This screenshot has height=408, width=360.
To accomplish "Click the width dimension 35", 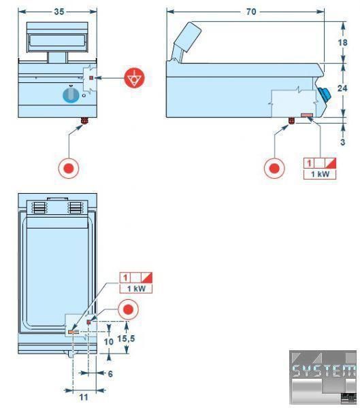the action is point(59,12).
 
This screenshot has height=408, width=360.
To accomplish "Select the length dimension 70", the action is point(251,12).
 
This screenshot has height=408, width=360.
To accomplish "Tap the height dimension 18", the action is point(342,42).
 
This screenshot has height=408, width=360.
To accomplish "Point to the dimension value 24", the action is point(342,88).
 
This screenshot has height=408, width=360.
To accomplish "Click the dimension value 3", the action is point(343,142).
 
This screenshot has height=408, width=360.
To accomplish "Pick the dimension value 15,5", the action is point(126,339).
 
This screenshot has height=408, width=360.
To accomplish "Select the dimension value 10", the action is point(109,341).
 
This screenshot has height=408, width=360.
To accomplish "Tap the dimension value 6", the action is point(110,374).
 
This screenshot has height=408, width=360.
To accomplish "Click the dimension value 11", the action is point(84,397).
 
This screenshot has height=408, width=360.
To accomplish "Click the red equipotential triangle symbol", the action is point(135,78).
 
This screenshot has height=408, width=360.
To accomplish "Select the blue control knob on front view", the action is point(71,95).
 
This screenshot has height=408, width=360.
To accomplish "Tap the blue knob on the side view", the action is point(325,95).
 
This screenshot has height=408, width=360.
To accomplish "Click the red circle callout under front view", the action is point(69,168).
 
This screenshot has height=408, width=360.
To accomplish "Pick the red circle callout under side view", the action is point(274,168).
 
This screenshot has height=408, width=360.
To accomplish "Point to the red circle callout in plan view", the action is point(128,309).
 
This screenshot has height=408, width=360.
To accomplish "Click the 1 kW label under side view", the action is point(320,174).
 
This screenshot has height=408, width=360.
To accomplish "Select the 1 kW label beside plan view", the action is point(136,288).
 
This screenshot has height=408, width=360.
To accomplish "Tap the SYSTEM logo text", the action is point(323,371).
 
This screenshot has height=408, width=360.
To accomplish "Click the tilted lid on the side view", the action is point(188,37).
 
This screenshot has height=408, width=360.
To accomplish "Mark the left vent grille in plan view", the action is point(39,207).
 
